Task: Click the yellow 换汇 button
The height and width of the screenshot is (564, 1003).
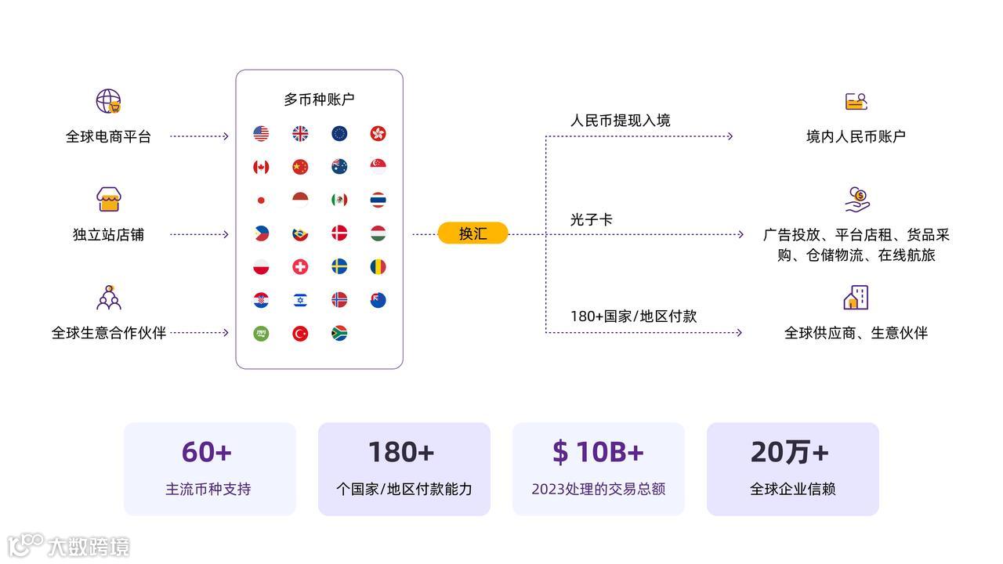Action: [473, 233]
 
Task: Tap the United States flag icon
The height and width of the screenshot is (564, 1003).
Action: [261, 134]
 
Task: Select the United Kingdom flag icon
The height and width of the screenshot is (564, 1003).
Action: [300, 134]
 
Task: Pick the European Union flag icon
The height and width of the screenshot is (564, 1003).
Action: [339, 134]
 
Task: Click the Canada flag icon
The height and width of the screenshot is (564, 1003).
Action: [261, 167]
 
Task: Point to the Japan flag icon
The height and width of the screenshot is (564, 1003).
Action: [261, 200]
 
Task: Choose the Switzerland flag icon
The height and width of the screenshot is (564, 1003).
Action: [300, 267]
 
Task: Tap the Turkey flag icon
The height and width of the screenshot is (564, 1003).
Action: [300, 334]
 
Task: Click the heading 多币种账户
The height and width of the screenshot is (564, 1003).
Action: [319, 99]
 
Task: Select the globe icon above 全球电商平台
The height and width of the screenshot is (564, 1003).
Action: [108, 101]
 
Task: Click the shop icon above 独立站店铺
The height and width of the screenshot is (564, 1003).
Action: [109, 199]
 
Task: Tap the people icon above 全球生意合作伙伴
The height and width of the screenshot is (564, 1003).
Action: [109, 298]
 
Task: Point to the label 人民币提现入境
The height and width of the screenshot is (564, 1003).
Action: [620, 121]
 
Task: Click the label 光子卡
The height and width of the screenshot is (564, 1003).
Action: [591, 220]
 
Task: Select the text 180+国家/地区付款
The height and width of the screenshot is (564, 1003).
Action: [633, 316]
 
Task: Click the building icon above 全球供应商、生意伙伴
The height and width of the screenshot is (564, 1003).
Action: [856, 298]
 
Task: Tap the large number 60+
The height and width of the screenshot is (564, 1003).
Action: [207, 452]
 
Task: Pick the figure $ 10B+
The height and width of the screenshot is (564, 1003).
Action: [598, 452]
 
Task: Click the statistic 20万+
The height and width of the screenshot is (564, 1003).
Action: [790, 452]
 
